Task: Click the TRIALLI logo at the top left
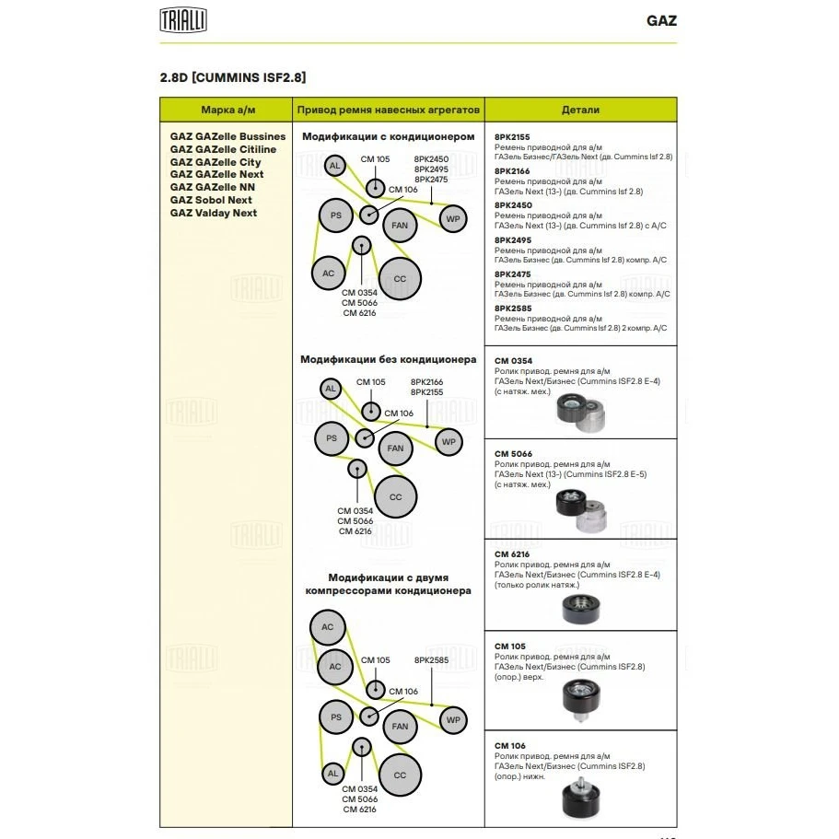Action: pyautogui.click(x=183, y=19)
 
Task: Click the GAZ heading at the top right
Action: pyautogui.click(x=660, y=20)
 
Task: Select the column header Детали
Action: pyautogui.click(x=580, y=110)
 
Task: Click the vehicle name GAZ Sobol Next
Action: pyautogui.click(x=211, y=200)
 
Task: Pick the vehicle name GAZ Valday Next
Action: pyautogui.click(x=214, y=213)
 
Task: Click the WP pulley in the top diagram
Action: pyautogui.click(x=452, y=218)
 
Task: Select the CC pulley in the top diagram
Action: pyautogui.click(x=400, y=279)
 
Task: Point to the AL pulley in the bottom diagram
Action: pyautogui.click(x=332, y=774)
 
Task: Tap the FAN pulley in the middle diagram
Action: pyautogui.click(x=395, y=449)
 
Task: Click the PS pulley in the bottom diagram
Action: pyautogui.click(x=336, y=717)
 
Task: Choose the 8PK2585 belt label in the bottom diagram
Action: pyautogui.click(x=430, y=660)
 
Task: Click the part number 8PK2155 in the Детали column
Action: pyautogui.click(x=512, y=136)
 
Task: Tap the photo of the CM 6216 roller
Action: pyautogui.click(x=581, y=608)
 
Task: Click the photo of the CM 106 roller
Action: pyautogui.click(x=580, y=798)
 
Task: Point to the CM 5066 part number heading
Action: pyautogui.click(x=513, y=454)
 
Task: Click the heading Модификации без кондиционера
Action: pyautogui.click(x=388, y=359)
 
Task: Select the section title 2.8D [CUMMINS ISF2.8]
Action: pyautogui.click(x=233, y=76)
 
